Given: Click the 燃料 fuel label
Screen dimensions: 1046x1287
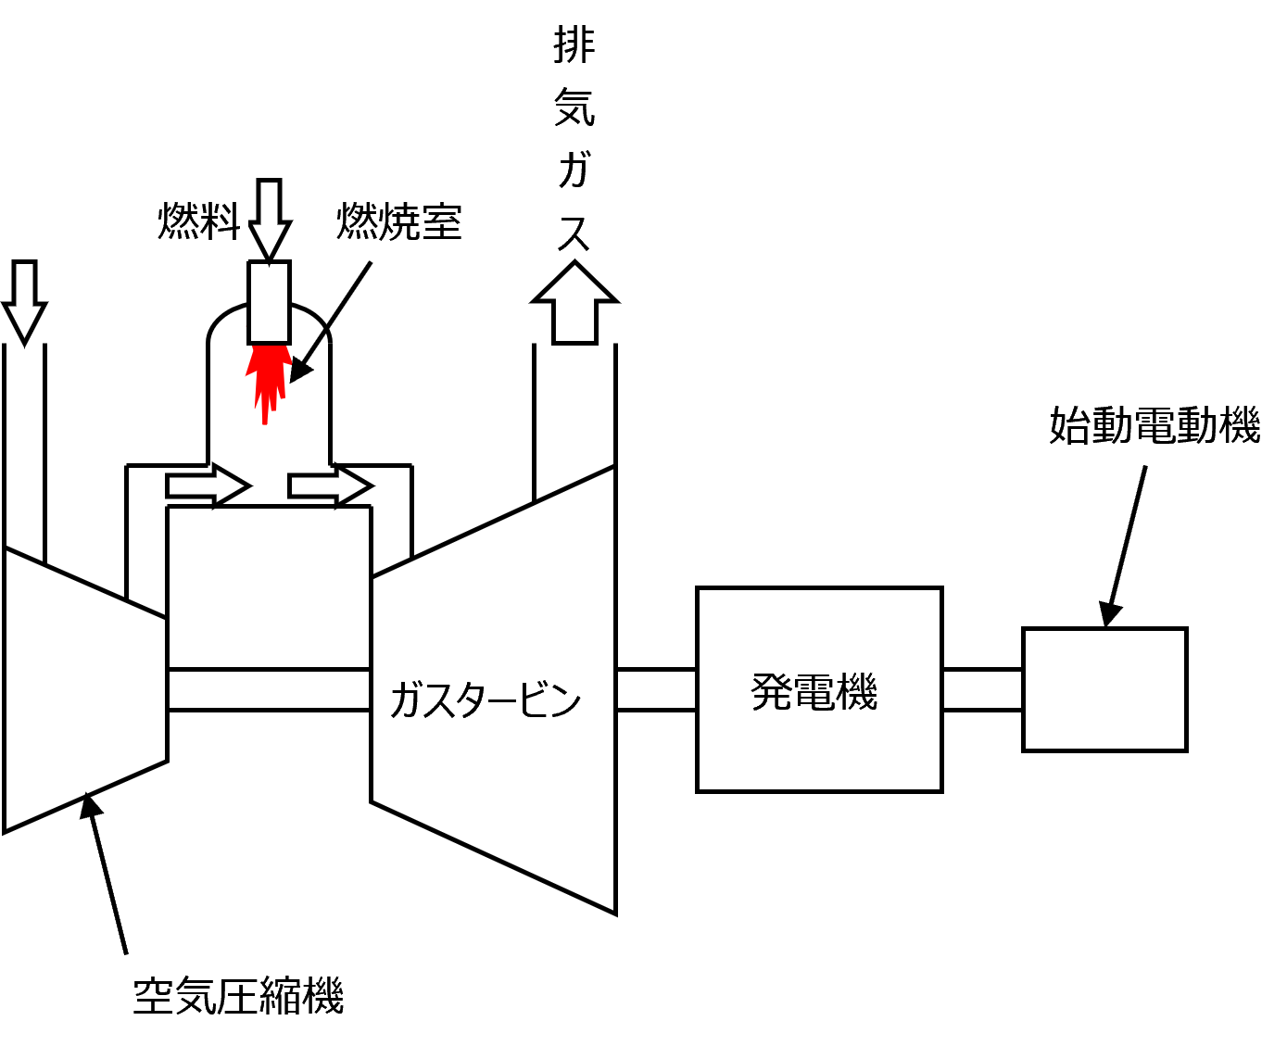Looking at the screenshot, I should (198, 221).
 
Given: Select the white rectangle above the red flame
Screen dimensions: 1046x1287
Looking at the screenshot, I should (269, 303).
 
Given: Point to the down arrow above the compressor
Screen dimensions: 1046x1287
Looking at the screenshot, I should (25, 299).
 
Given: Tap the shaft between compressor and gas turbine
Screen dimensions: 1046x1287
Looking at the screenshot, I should (269, 690).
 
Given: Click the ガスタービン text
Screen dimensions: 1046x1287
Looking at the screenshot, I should (485, 699).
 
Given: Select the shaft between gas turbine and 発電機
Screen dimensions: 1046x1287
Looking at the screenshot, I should (656, 690).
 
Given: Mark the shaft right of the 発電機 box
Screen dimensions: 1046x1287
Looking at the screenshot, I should (982, 690).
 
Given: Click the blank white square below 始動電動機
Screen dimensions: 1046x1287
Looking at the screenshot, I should (1104, 690).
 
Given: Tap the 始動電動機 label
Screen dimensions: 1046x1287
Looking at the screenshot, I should (1154, 425).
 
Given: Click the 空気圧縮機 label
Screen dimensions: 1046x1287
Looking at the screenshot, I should (239, 996).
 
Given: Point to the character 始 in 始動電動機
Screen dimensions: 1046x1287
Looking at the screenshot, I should (1069, 425).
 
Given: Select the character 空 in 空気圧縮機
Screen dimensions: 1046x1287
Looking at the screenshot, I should (154, 996).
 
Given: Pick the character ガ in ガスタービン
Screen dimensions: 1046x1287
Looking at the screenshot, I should (410, 699).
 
